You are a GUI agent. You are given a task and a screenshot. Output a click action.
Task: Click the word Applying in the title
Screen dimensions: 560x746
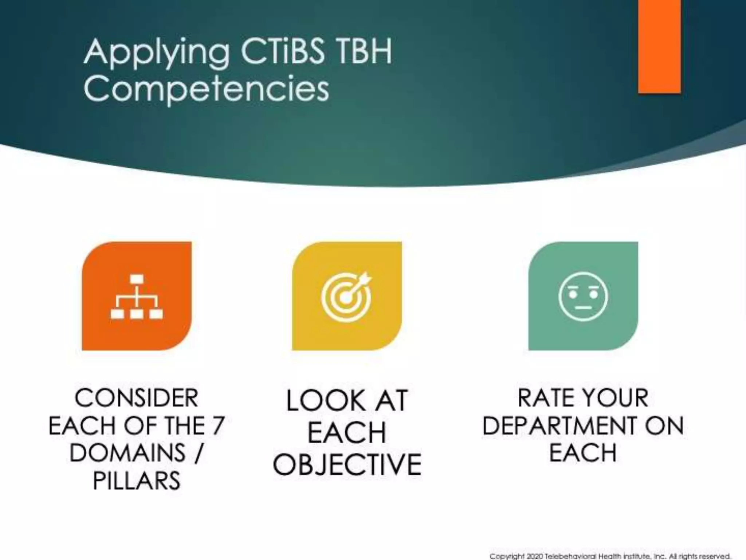coord(157,53)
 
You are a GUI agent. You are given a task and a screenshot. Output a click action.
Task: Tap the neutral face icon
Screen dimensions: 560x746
coord(583,296)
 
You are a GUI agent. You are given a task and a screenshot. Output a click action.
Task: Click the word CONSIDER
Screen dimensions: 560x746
coord(137,398)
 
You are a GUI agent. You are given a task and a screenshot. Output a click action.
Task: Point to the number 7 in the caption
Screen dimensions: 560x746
coord(218,425)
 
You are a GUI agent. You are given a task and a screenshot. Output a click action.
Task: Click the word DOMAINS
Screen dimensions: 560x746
coord(127,453)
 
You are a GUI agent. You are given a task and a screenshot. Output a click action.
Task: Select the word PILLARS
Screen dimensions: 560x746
coord(137,481)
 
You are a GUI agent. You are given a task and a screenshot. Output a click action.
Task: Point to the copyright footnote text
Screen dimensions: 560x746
coord(610,556)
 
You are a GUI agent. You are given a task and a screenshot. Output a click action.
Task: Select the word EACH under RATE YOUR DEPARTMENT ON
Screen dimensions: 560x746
coord(583,453)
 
